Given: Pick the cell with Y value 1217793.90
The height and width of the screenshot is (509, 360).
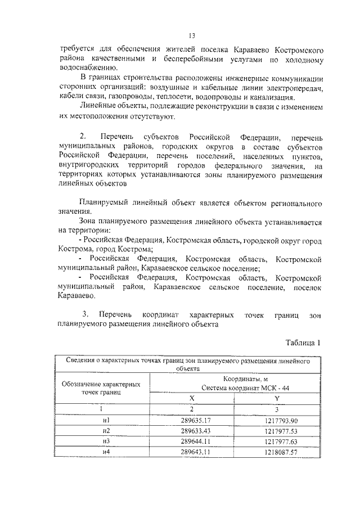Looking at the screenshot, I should click(280, 420).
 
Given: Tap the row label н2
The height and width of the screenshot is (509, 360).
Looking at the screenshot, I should click(105, 430).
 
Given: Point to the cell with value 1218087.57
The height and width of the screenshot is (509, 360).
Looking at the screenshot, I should click(280, 452).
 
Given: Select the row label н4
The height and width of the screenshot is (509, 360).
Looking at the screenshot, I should click(105, 452).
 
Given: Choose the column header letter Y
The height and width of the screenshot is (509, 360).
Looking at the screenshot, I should click(280, 398).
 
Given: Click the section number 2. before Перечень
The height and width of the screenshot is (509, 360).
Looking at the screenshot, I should click(84, 137).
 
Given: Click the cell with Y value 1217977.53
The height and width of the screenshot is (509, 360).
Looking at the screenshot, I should click(280, 430).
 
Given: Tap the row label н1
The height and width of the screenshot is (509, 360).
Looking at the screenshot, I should click(105, 420).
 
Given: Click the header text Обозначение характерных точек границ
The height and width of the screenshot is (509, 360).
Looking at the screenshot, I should click(105, 388).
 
